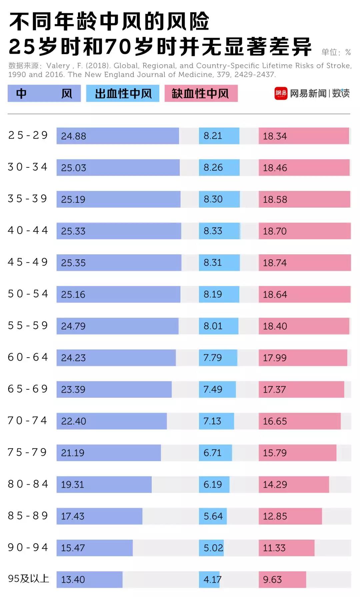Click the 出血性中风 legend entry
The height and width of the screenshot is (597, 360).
(x=123, y=93)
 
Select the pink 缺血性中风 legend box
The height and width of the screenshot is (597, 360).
(x=201, y=93)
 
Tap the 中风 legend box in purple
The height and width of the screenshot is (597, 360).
(x=44, y=93)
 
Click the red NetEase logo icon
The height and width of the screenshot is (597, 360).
(x=281, y=93)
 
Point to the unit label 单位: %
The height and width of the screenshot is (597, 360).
(x=336, y=52)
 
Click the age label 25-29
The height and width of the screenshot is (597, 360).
(x=28, y=135)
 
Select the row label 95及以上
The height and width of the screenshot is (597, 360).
(x=29, y=579)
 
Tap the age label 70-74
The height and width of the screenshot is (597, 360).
(x=28, y=421)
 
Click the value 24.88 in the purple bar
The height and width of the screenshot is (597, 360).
(x=73, y=136)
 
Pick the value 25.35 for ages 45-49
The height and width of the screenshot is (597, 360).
(x=73, y=263)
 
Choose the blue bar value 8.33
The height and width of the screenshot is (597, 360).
(x=213, y=231)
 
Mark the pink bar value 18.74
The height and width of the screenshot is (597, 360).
(x=275, y=263)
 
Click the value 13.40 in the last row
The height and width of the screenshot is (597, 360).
(x=73, y=579)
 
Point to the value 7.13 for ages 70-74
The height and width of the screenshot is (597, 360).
(x=212, y=421)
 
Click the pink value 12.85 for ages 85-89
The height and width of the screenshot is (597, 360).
(x=275, y=516)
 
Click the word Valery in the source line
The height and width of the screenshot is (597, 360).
(x=58, y=66)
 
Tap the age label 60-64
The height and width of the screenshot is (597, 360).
(x=28, y=357)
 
